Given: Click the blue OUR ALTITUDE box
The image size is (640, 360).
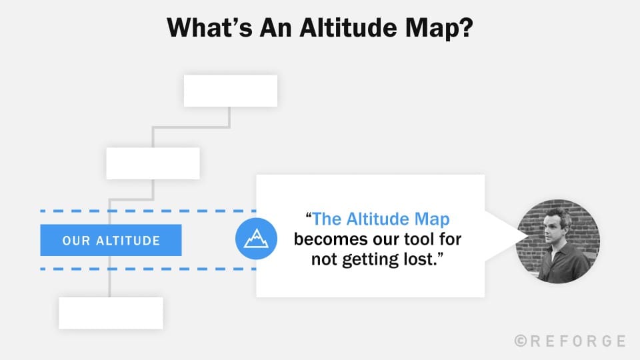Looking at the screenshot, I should coord(111,240).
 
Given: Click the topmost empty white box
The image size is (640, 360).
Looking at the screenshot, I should coord(230,91).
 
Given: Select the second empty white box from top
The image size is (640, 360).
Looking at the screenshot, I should coord(153,163).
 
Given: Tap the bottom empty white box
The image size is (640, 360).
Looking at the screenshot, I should coord(111,313).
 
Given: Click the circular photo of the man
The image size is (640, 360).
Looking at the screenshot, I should coord(559,241).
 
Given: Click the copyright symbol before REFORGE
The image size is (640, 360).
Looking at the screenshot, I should coord(521,341).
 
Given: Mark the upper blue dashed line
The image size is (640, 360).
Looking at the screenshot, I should coord(147,211).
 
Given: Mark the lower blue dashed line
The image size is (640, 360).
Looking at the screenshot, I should coord(147,269).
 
